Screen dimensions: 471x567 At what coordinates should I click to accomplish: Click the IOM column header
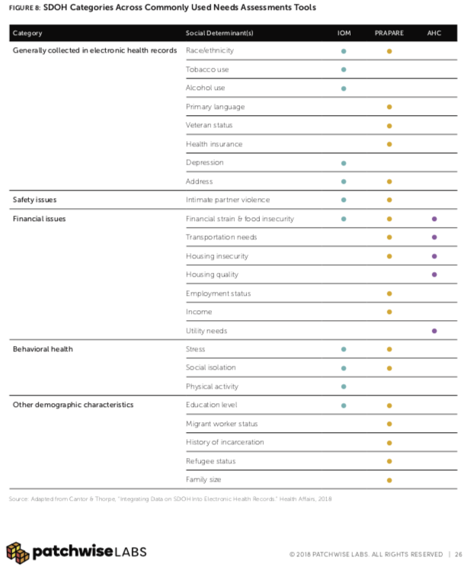[x=344, y=34]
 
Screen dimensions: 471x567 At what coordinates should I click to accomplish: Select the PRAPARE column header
[x=389, y=34]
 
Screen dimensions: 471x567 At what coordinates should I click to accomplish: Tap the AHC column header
[x=434, y=34]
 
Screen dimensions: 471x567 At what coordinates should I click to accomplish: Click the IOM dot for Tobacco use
[x=344, y=69]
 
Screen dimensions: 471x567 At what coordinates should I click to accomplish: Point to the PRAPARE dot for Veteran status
[x=389, y=126]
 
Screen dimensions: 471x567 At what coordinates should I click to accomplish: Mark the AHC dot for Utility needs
[x=434, y=331]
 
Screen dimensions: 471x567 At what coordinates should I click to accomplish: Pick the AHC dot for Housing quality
[x=434, y=274]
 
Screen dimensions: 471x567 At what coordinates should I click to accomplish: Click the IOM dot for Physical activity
[x=344, y=386]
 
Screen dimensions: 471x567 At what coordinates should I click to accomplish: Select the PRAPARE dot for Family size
[x=389, y=480]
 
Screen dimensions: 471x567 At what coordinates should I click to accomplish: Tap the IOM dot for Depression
[x=344, y=163]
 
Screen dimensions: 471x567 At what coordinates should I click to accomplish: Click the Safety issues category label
[x=35, y=200]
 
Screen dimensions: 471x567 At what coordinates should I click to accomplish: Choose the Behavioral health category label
[x=43, y=349]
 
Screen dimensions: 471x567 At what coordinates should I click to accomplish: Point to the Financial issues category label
[x=39, y=219]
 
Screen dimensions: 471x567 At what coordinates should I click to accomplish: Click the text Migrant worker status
[x=222, y=424]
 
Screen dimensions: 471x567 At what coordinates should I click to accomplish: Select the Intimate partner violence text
[x=228, y=200]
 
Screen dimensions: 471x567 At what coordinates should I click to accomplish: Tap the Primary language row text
[x=215, y=107]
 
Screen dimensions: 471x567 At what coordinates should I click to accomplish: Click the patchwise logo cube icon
[x=18, y=553]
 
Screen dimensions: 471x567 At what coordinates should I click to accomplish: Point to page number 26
[x=458, y=554]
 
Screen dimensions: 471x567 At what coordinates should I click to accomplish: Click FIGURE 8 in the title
[x=24, y=8]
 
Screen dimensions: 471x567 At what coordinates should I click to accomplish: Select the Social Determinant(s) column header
[x=219, y=34]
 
